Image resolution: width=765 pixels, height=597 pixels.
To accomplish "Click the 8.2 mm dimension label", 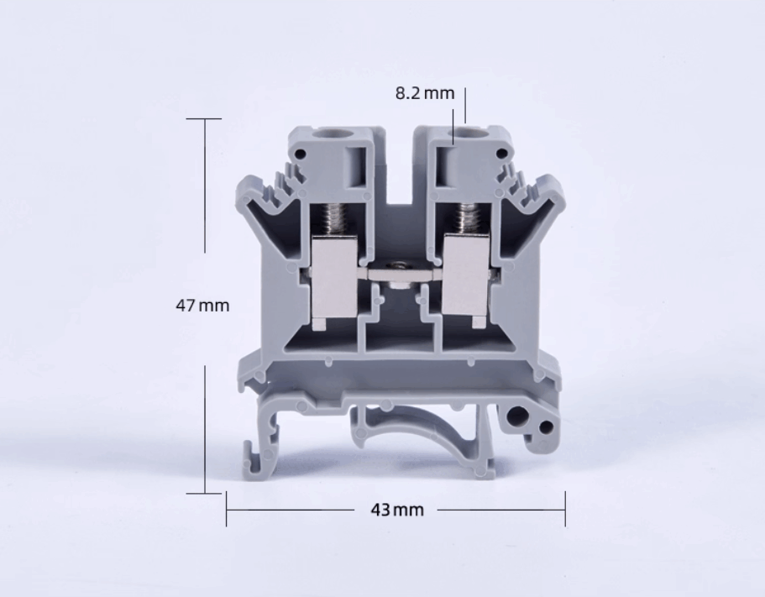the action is coord(424,92).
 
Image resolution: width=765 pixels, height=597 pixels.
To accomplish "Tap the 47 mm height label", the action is coord(202,306).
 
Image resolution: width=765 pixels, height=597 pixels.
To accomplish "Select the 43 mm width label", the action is coord(397,510).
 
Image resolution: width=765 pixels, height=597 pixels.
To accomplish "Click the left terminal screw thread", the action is coord(335,219).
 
